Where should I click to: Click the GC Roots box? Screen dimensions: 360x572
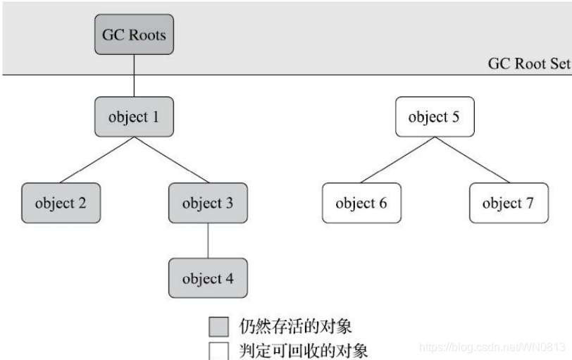133,35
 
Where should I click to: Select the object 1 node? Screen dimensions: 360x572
133,117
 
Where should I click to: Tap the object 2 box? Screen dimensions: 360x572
60,204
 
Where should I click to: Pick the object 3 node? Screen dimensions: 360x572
207,204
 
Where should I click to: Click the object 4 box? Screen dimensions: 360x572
207,278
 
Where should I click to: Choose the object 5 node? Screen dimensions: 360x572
434,117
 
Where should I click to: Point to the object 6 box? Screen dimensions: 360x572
361,204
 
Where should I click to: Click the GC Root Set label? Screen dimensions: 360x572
528,63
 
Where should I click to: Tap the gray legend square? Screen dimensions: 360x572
218,326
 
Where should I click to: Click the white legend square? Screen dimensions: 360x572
218,349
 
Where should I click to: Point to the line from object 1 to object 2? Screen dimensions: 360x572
97,160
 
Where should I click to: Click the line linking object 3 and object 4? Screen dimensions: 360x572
207,241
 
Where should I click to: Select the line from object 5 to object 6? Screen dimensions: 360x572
397,160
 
